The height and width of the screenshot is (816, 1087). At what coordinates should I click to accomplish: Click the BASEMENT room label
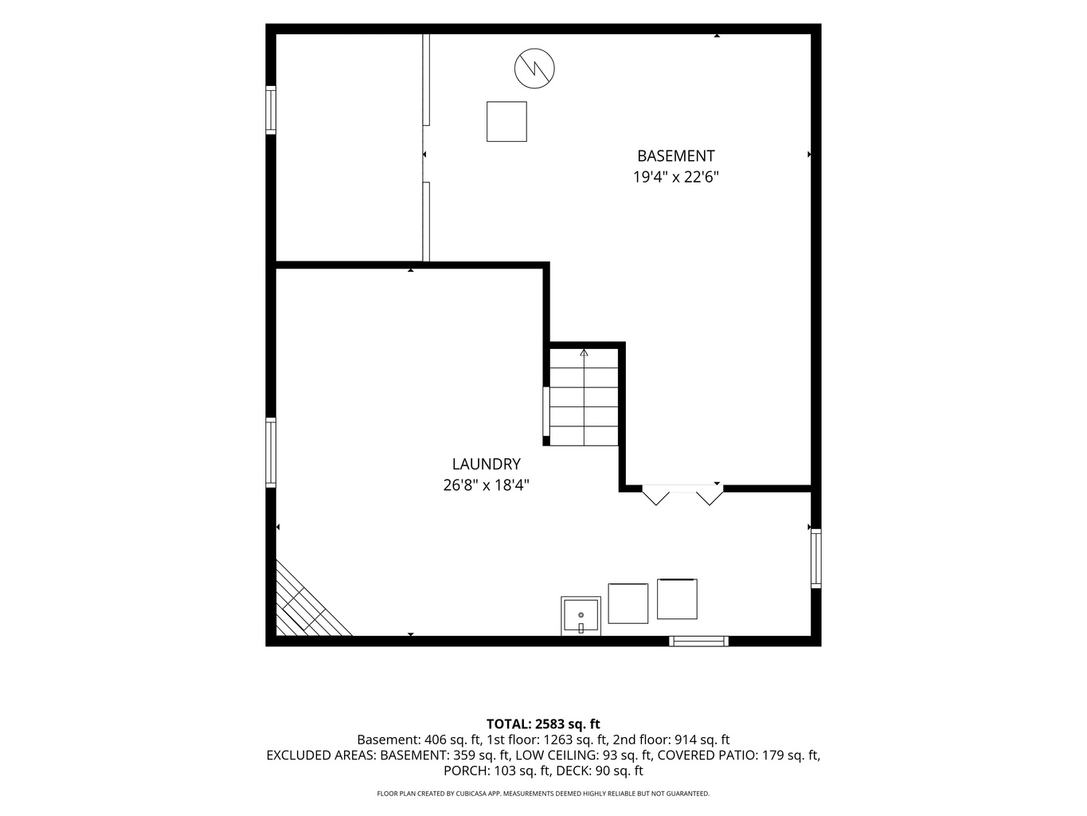(675, 156)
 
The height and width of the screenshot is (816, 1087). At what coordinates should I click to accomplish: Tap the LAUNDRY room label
(487, 465)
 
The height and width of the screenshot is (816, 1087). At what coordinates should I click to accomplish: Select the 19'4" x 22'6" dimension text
(675, 177)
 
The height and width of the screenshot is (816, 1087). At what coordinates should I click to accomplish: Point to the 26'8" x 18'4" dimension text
(487, 485)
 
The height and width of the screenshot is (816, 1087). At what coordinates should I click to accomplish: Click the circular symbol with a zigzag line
(534, 69)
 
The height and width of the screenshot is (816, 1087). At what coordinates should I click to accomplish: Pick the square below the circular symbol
(506, 122)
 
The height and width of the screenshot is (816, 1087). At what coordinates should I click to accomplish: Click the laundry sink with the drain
(581, 616)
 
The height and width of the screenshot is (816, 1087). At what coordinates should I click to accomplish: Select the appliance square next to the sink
(628, 603)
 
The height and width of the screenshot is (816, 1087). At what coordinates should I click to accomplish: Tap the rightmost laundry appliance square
(677, 599)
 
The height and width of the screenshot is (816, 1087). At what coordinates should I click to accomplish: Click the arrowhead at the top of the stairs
(585, 353)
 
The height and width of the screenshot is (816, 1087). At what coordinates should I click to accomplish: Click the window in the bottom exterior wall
(698, 641)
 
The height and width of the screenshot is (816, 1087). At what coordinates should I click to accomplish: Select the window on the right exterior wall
(815, 559)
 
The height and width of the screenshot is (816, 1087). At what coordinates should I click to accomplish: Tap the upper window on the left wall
(271, 110)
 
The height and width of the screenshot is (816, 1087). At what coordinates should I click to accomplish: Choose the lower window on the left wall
(271, 453)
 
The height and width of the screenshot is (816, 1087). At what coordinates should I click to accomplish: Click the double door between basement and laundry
(682, 494)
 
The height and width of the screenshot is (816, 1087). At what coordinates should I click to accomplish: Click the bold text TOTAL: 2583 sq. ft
(543, 724)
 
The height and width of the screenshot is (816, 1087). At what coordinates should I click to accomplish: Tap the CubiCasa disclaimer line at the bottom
(543, 793)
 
